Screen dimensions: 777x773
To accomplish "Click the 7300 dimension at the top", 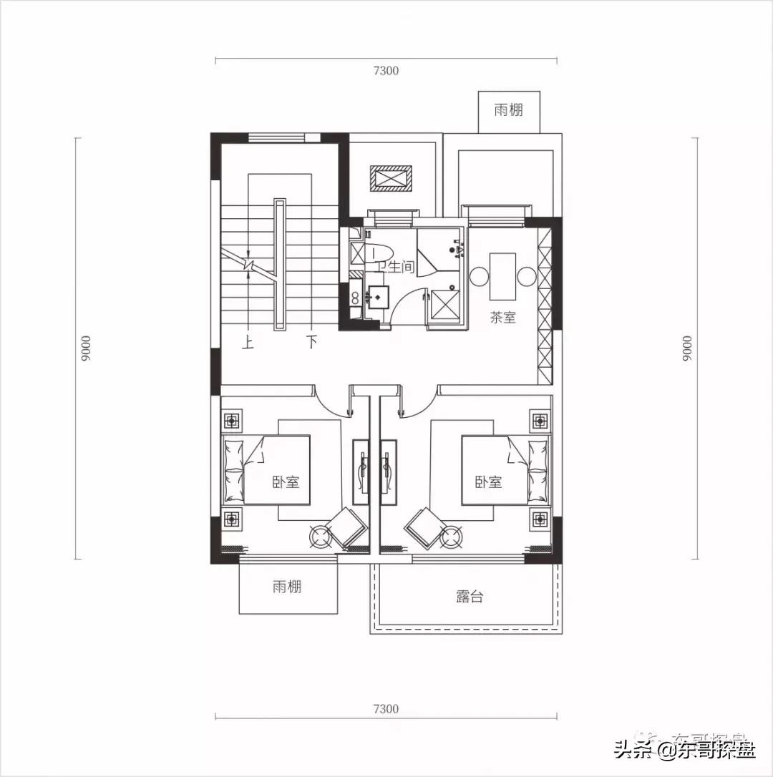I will [x=385, y=70].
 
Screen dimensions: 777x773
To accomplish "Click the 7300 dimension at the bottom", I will [x=385, y=709].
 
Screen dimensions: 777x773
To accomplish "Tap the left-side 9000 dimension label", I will [x=86, y=348].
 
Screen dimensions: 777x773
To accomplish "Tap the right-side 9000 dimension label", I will [x=687, y=348].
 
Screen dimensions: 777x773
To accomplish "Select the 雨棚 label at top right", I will [x=508, y=110].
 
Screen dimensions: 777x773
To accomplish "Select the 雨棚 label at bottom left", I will [x=287, y=587].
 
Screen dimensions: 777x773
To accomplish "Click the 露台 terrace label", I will [x=470, y=596].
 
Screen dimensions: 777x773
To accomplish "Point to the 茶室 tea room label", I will [x=503, y=318].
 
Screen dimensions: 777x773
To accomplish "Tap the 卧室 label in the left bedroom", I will [x=286, y=482].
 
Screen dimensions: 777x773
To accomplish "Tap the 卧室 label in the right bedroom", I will [x=488, y=482].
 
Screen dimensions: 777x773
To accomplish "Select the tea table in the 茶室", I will [x=502, y=276].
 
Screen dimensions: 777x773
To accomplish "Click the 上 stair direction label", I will [x=248, y=342].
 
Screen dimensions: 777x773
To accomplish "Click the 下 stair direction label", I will [x=311, y=342].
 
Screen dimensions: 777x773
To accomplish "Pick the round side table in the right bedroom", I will [x=451, y=534].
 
